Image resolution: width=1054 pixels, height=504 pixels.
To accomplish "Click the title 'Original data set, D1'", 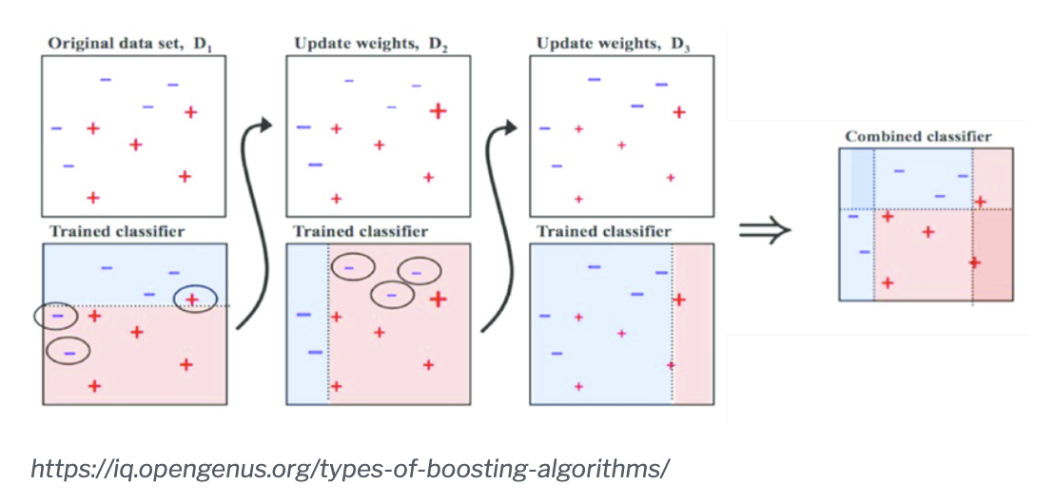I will (128, 45).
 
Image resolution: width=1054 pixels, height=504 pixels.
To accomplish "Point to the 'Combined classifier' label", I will (918, 137).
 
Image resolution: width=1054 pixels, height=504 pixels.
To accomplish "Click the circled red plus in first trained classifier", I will (191, 300).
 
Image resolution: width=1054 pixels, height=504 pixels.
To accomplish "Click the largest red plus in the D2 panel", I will (438, 111).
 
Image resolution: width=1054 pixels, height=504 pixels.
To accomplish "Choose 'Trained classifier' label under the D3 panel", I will (603, 231).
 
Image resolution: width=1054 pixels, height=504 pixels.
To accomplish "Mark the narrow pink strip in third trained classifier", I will (692, 323).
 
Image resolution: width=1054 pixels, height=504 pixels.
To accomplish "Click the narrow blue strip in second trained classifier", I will (307, 323).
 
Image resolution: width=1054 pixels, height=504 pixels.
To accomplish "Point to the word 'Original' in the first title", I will (75, 45).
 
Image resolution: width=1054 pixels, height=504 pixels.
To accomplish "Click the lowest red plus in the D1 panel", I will (93, 198).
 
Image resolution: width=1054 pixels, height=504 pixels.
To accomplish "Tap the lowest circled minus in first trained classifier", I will (68, 352).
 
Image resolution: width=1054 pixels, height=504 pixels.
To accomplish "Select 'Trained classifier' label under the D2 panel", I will (361, 231).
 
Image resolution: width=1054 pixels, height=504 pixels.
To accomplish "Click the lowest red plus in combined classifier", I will (888, 282).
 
